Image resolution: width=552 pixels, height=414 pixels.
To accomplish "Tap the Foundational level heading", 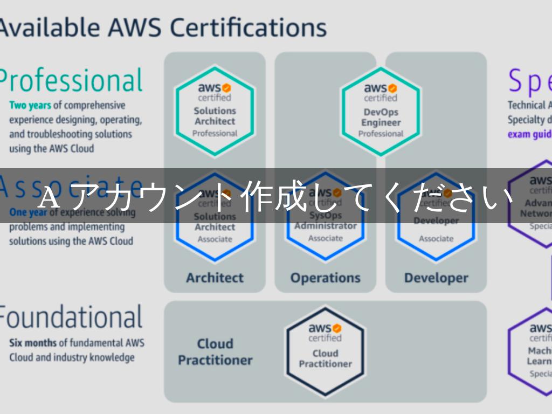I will tap(70, 317).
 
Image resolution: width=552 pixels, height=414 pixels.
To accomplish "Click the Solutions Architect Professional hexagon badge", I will tap(215, 111).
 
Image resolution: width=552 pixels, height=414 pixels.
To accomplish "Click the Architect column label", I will tap(215, 278).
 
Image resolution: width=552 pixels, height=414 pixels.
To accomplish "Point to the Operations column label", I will tap(325, 278).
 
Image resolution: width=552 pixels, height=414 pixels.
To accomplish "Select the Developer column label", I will tap(436, 278).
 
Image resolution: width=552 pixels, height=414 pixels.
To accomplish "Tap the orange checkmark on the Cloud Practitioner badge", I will tap(337, 328).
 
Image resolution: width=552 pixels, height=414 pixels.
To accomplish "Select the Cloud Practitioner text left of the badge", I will tap(215, 351).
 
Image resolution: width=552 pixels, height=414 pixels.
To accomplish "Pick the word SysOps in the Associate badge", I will tap(326, 216).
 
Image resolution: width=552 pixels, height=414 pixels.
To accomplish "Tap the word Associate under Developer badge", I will tap(436, 238).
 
